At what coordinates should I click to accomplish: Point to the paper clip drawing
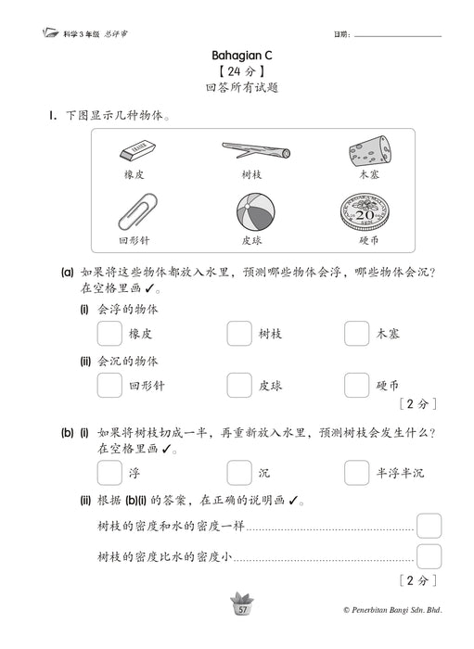(x=135, y=213)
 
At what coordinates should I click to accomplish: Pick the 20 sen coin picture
(x=368, y=213)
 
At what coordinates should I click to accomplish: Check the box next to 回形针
(x=109, y=385)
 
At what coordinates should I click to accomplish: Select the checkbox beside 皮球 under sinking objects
(x=239, y=385)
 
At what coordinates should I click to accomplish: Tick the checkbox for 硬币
(x=357, y=385)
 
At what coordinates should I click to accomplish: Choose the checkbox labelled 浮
(x=109, y=473)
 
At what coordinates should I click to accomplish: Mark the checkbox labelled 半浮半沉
(x=357, y=473)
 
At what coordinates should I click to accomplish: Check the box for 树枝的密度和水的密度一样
(x=428, y=527)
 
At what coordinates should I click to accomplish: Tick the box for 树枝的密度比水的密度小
(x=428, y=557)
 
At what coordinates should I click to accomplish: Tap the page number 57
(x=242, y=609)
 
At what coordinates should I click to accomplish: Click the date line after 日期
(x=398, y=35)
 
